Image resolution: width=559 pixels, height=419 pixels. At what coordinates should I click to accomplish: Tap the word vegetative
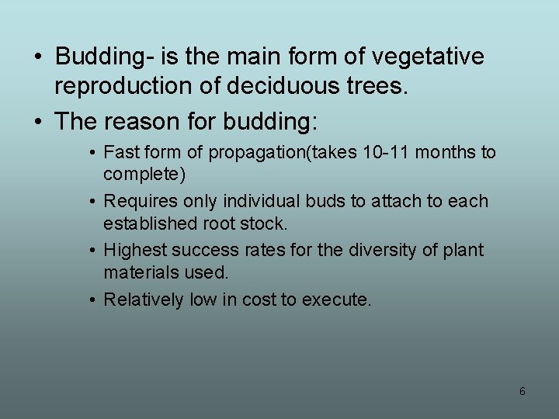[429, 57]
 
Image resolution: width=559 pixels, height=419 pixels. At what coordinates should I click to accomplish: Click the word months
[449, 152]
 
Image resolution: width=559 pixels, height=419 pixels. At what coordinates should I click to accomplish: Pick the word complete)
[144, 175]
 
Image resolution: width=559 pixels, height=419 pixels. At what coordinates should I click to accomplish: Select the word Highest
[135, 250]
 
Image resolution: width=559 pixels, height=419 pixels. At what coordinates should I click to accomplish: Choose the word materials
[141, 272]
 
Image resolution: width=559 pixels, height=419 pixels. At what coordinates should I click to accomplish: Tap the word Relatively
[144, 299]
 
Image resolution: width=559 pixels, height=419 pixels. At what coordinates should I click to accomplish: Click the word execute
[340, 300]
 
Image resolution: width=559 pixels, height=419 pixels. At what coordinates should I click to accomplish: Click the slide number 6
[523, 392]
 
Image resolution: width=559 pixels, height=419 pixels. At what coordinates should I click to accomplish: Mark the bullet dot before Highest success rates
[92, 251]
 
